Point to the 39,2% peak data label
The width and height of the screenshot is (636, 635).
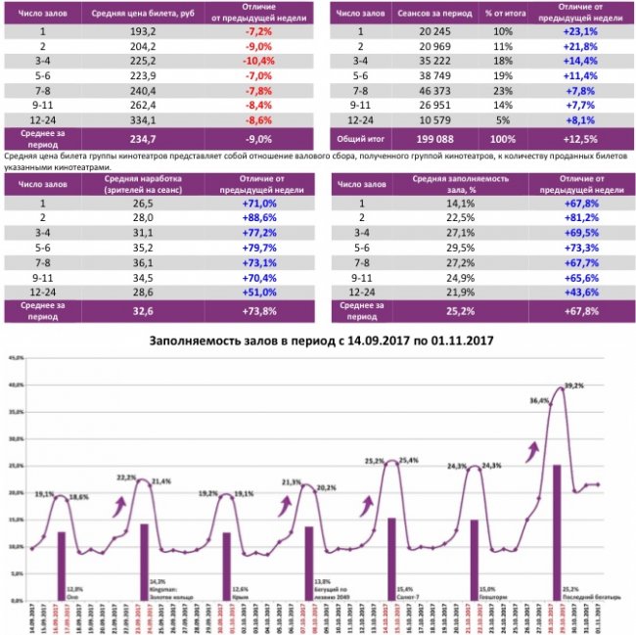(x=573, y=385)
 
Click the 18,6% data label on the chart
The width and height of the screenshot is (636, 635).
(x=78, y=498)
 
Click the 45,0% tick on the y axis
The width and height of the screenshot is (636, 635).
(x=15, y=358)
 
